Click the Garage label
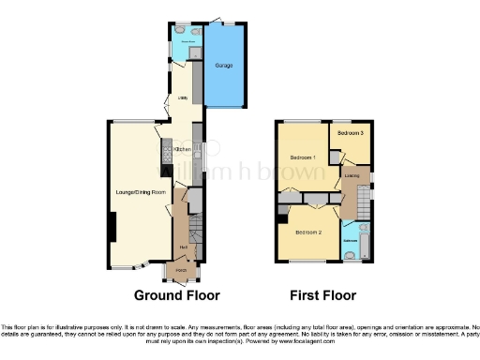tap(224, 66)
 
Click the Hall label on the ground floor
tap(185, 247)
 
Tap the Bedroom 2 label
tap(308, 232)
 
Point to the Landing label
tap(352, 174)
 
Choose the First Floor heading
tap(322, 295)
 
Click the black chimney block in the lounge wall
tap(112, 226)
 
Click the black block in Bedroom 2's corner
tap(282, 219)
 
